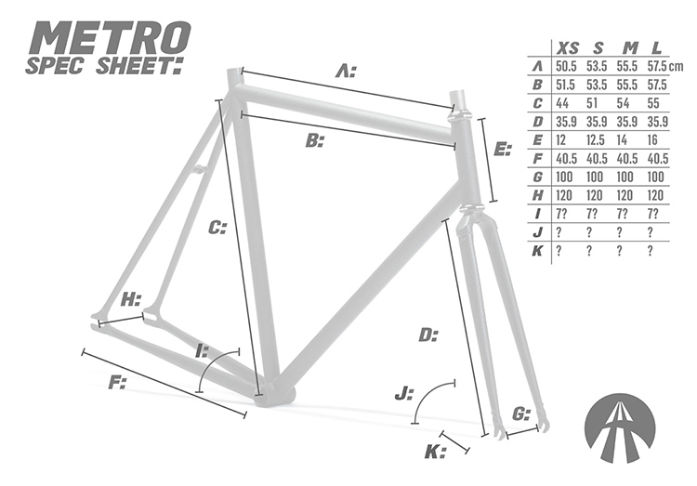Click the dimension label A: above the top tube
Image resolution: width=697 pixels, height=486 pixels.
tap(346, 71)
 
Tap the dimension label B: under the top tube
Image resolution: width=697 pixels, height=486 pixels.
tap(315, 141)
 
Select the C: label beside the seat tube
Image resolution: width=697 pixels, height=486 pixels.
tap(217, 227)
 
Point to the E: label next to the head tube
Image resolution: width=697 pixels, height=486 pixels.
tap(503, 149)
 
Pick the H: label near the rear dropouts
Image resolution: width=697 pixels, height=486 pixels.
tap(132, 299)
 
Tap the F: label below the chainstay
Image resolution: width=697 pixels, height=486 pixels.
tap(117, 382)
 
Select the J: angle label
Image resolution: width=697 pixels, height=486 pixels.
tap(403, 394)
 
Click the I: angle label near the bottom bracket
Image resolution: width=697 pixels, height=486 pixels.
tap(202, 349)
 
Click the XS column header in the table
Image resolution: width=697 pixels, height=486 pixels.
tap(566, 46)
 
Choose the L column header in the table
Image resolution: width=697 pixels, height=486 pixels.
tap(656, 46)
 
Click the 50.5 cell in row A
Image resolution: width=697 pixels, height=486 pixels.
tap(567, 66)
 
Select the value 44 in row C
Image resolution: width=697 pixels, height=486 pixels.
tap(563, 103)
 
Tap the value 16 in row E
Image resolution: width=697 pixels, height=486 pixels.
tap(656, 139)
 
